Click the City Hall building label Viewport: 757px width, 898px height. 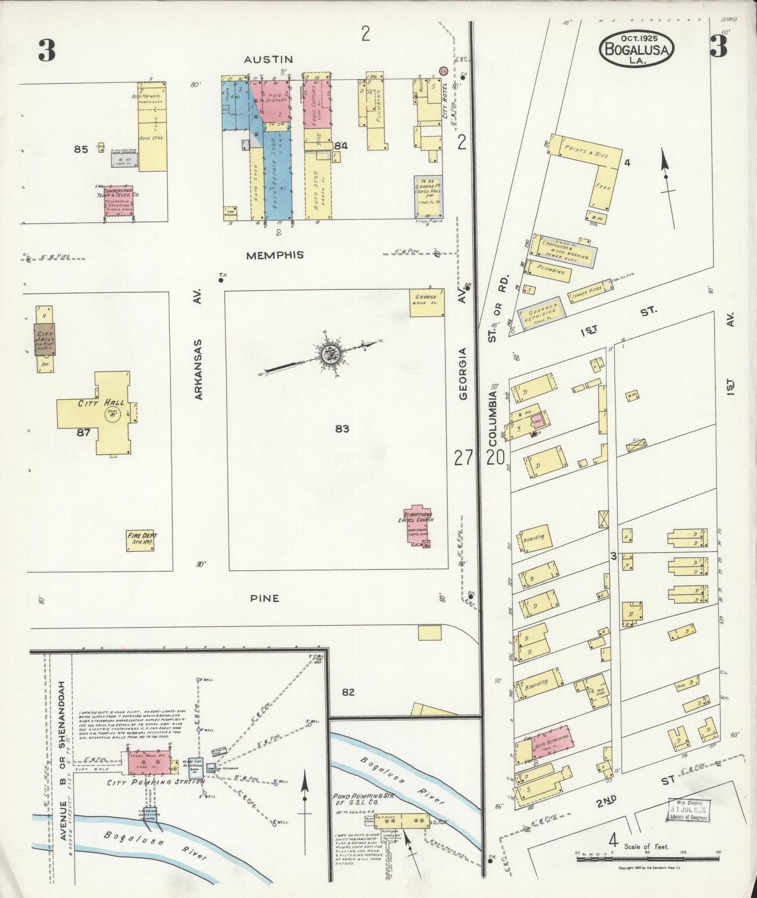101,403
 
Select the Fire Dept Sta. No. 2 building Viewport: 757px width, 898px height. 142,540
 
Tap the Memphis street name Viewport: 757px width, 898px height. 276,255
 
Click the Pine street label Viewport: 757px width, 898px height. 265,598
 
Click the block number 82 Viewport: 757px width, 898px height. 348,692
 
